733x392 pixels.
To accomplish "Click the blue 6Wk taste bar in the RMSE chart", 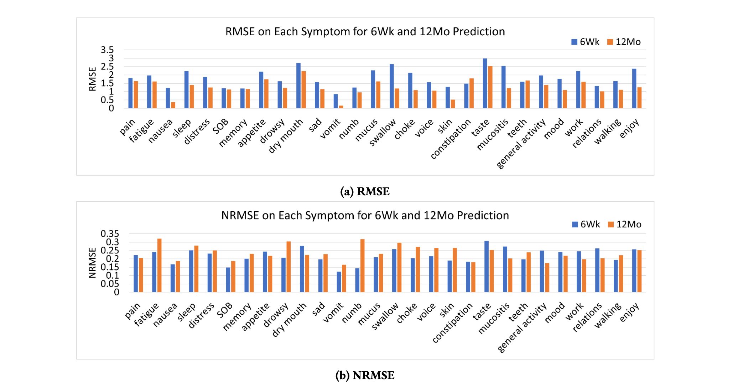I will tap(485, 83).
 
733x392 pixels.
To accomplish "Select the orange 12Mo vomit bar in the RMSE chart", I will tap(341, 107).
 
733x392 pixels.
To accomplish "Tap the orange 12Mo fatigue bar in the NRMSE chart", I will tap(159, 265).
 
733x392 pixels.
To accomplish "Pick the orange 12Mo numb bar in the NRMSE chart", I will tap(362, 266).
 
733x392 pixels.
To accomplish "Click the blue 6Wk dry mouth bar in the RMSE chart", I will tap(298, 86).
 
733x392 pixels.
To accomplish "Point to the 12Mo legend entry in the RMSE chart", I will tap(624, 42).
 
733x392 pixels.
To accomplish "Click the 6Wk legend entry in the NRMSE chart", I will tap(586, 225).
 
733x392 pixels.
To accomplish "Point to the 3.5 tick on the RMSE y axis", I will tap(107, 50).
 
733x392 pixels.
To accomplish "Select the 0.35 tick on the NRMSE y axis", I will tap(109, 234).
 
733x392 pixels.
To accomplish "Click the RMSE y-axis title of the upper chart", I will tap(92, 79).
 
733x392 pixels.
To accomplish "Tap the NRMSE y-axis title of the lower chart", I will tap(92, 263).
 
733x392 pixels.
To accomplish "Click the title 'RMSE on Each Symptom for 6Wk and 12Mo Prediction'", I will tap(365, 32).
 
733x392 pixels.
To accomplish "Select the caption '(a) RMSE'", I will tap(365, 192).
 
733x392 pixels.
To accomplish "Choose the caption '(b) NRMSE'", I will tap(365, 376).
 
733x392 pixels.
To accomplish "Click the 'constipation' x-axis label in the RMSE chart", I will tap(451, 139).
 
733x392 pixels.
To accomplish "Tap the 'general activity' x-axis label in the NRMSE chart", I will tap(522, 327).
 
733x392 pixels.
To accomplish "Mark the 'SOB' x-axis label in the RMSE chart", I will tap(220, 127).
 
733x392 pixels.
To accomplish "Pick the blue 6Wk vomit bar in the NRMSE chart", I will tap(339, 282).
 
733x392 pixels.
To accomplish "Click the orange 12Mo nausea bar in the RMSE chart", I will tap(173, 105).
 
